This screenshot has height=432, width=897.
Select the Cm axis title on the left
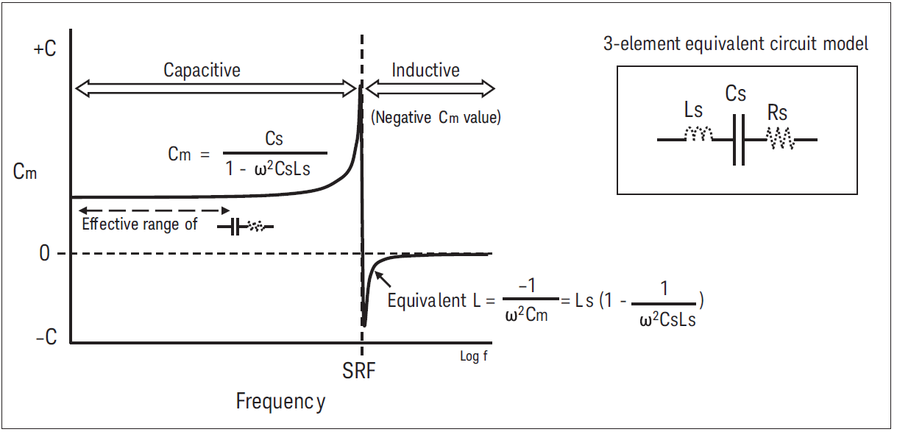coord(25,174)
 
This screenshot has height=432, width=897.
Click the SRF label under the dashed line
coord(359,371)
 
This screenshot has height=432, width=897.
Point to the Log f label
coord(473,357)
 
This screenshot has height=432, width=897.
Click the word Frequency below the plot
coord(280,402)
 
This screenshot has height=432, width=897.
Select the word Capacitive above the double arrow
coord(202,71)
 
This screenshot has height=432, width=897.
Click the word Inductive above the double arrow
coord(425,71)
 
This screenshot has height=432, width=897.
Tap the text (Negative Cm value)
coord(436,117)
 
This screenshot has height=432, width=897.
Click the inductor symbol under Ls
coord(698,134)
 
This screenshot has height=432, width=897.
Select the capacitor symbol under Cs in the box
coord(740,138)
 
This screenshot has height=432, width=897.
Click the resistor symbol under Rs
coord(779,137)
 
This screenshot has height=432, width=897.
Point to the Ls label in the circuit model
coord(693,111)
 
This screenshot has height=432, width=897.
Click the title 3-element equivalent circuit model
coord(736,43)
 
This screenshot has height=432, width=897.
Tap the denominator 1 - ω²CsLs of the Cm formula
coord(277,168)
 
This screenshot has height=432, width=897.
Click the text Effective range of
coord(140,224)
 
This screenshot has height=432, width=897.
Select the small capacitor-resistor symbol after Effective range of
coord(245,227)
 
